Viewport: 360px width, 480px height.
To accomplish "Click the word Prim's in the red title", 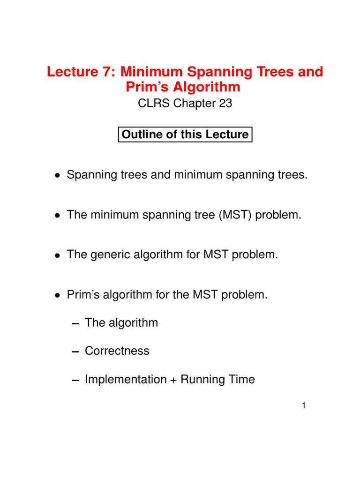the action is (147, 87).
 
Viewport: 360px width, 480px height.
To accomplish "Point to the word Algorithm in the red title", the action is (207, 87).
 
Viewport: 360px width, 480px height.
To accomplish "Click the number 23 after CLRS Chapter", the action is (225, 103).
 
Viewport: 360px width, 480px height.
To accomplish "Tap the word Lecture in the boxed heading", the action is (227, 135).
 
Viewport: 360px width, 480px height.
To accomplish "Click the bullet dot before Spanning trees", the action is (57, 175).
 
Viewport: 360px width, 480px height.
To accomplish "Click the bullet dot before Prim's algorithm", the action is (57, 295).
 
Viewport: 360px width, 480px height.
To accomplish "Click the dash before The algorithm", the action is (75, 323).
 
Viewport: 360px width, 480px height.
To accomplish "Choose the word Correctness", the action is (117, 351).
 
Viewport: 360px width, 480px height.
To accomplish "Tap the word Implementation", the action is (126, 379).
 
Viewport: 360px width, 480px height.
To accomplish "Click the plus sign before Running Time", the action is (173, 380).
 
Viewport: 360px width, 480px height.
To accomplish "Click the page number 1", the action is (304, 405).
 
